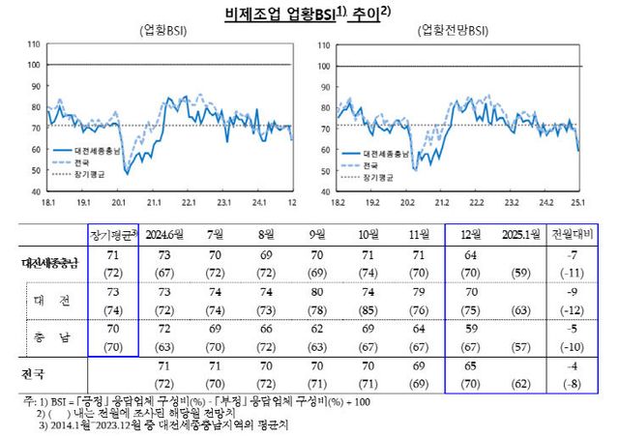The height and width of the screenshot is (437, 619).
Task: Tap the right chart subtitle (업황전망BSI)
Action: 451,31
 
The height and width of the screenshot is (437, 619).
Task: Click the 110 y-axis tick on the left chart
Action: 34,44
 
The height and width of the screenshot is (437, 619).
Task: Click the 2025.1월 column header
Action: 523,235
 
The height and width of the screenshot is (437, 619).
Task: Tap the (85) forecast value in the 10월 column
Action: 368,309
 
